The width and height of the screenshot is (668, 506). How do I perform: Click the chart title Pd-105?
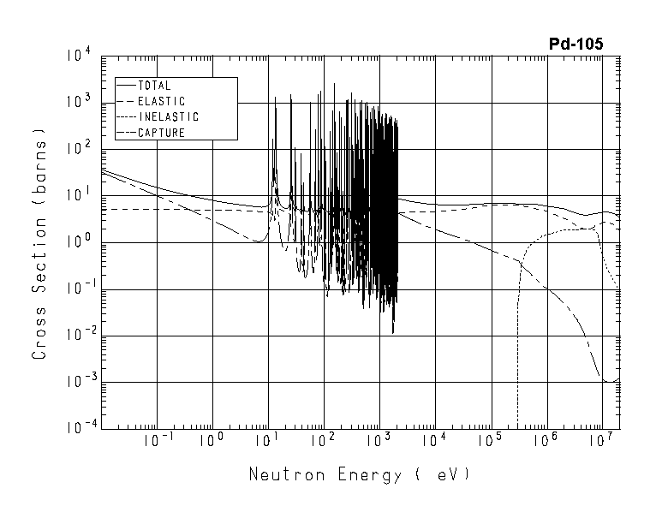point(576,43)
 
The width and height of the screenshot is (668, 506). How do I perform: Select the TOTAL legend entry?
point(154,86)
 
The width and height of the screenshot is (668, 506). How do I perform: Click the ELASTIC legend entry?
point(160,101)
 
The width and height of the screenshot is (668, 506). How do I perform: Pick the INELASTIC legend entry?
point(167,117)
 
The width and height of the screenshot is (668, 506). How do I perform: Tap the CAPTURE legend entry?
point(161,133)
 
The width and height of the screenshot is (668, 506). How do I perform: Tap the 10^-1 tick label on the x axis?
point(154,442)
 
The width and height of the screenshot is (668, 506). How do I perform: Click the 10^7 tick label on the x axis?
point(602,442)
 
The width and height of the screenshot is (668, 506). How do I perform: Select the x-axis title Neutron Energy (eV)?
point(359,473)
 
